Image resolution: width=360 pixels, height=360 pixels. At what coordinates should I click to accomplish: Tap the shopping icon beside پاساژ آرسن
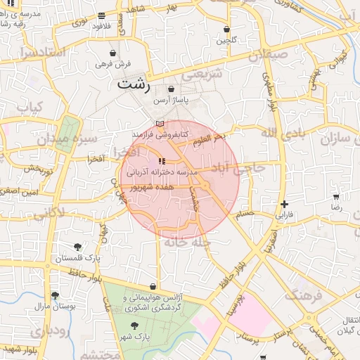pyautogui.click(x=172, y=89)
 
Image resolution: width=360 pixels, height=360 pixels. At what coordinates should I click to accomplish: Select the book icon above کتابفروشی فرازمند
pyautogui.click(x=159, y=123)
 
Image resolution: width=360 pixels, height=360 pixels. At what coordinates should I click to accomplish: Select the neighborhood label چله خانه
pyautogui.click(x=188, y=242)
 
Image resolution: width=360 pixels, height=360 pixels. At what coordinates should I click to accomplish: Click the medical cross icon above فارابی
pyautogui.click(x=284, y=203)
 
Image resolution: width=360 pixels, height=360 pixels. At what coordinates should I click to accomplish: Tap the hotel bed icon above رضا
pyautogui.click(x=336, y=198)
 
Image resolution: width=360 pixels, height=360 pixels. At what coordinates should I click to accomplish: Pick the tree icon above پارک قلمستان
pyautogui.click(x=77, y=247)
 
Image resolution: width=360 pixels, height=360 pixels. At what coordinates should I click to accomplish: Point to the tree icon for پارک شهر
pyautogui.click(x=136, y=325)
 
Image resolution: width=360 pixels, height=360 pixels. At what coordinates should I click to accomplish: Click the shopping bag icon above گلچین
pyautogui.click(x=226, y=30)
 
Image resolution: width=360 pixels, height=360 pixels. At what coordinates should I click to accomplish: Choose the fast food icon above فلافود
pyautogui.click(x=103, y=15)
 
